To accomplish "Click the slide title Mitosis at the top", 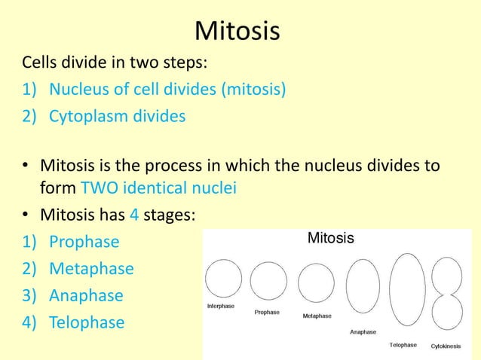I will pyautogui.click(x=237, y=32).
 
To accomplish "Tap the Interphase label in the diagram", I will pyautogui.click(x=221, y=307).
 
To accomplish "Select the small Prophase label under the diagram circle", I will pyautogui.click(x=267, y=312).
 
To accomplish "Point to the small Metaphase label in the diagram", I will pyautogui.click(x=317, y=316).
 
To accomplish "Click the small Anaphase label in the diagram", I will pyautogui.click(x=363, y=331).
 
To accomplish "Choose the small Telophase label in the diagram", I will pyautogui.click(x=403, y=345).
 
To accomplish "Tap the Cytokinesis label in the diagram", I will pyautogui.click(x=446, y=346).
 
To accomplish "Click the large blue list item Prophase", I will pyautogui.click(x=84, y=242).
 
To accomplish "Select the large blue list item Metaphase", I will pyautogui.click(x=91, y=269).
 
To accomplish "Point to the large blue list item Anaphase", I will pyautogui.click(x=86, y=296).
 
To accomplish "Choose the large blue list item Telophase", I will pyautogui.click(x=87, y=323).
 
